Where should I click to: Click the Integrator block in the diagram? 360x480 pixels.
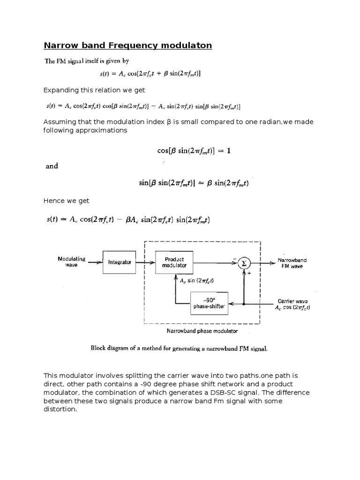(120, 262)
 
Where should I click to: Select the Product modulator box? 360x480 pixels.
(174, 262)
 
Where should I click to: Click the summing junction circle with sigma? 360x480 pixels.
(244, 263)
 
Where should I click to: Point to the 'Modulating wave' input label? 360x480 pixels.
(71, 262)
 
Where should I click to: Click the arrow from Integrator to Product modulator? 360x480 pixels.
(146, 262)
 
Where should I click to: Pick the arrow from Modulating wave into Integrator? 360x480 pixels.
(93, 262)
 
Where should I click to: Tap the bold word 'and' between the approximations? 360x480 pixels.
(52, 166)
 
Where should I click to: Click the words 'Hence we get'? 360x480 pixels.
(66, 201)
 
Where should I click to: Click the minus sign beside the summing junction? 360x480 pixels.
(233, 257)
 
